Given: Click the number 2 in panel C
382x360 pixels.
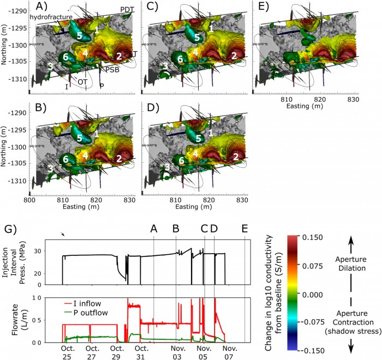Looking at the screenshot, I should (x=233, y=56).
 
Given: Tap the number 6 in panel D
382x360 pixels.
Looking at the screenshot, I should (x=180, y=161).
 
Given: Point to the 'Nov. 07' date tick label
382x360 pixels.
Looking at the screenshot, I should (x=229, y=352).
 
